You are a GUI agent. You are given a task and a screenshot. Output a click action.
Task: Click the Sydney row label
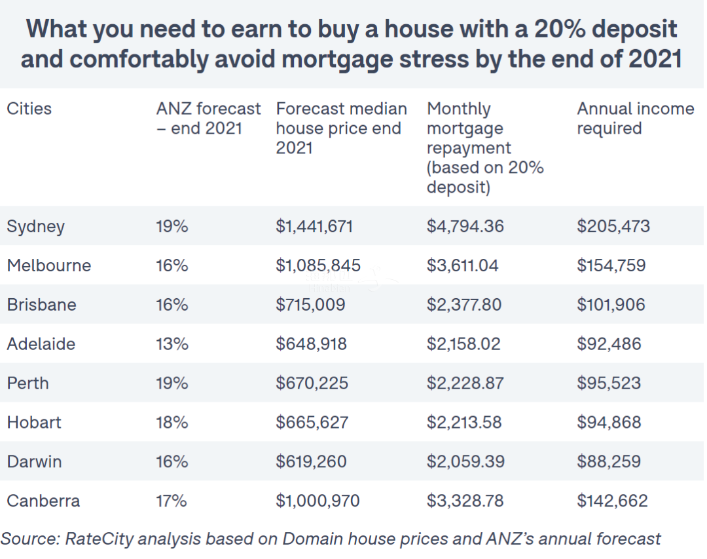point(36,227)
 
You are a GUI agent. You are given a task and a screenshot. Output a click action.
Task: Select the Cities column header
point(29,109)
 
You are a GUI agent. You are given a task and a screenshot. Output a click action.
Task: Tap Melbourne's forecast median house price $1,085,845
point(317,266)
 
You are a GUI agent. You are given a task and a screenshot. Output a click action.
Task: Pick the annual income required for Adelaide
point(609,344)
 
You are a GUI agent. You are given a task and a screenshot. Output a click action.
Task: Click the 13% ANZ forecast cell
point(172,344)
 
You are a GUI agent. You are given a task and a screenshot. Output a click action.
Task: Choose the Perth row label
point(28,383)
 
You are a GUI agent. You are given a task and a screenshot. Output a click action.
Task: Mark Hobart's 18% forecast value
point(172,423)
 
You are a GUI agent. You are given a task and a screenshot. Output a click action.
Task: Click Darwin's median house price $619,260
point(311,462)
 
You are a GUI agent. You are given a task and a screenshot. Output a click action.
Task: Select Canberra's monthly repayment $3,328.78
point(465,501)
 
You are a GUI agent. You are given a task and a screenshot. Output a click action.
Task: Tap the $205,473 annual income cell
point(613,227)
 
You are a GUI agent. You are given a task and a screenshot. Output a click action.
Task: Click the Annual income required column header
point(635,119)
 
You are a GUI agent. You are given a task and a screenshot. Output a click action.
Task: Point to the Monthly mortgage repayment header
point(485,148)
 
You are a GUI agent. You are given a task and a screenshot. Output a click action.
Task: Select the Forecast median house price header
point(341,128)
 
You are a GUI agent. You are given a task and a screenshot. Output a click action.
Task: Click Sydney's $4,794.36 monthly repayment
point(465,227)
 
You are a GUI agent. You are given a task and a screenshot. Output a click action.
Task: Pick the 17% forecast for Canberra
point(172,501)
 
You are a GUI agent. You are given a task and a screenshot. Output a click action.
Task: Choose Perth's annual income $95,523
point(609,383)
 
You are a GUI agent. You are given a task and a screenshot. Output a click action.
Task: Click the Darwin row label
point(34,462)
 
